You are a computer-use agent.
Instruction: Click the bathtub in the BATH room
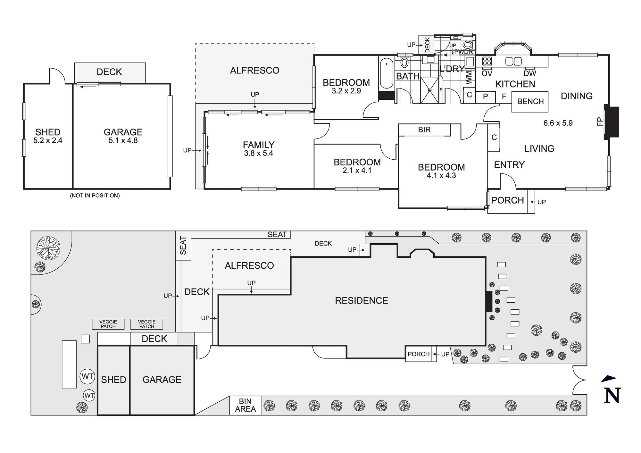(387, 73)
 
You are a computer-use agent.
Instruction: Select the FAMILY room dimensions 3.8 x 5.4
(258, 154)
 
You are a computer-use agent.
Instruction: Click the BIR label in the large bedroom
(424, 130)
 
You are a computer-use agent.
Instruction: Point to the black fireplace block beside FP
(612, 122)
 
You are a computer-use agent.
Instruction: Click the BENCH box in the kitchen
(530, 102)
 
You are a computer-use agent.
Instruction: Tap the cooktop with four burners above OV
(487, 61)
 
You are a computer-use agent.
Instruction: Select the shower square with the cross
(429, 90)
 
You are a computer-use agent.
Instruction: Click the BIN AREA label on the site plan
(245, 405)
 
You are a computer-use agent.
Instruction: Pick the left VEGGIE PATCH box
(108, 324)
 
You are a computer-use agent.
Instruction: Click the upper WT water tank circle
(87, 376)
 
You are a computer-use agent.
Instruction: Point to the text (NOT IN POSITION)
(95, 196)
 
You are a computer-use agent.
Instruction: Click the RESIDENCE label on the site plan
(361, 301)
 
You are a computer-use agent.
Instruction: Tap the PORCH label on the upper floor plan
(507, 200)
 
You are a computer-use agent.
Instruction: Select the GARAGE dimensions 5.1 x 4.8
(123, 140)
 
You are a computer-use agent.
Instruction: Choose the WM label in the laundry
(469, 78)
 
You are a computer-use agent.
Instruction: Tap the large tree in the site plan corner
(48, 248)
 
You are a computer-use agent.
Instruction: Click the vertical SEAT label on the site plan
(183, 245)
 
